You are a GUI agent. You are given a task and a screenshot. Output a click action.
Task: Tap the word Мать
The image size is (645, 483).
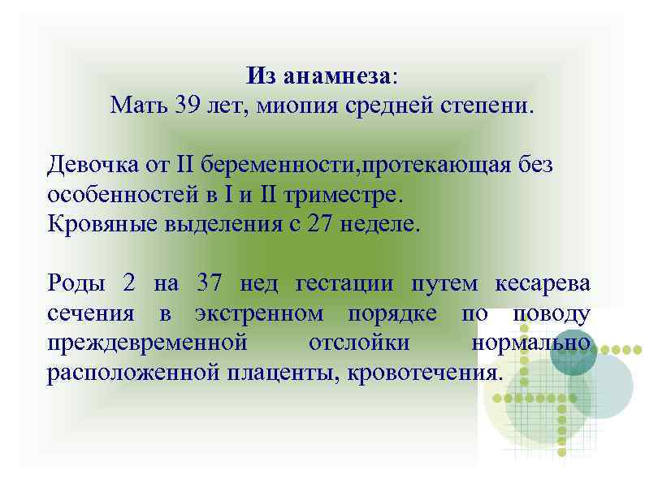pyautogui.click(x=139, y=106)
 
